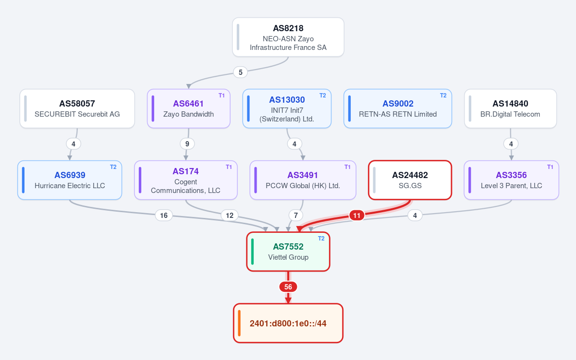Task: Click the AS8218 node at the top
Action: tap(288, 37)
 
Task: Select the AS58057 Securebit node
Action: tap(77, 108)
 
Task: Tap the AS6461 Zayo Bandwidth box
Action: tap(188, 108)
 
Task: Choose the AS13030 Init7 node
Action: tap(287, 108)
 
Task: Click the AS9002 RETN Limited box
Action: tap(398, 108)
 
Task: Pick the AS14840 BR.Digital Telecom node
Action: tap(510, 108)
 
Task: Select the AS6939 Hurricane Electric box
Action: tap(70, 180)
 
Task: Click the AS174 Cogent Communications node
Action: tap(186, 180)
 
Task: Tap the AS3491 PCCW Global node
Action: tap(303, 180)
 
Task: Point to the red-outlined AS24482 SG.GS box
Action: tap(410, 180)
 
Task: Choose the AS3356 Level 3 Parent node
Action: tap(511, 180)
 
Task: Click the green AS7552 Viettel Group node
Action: tap(288, 252)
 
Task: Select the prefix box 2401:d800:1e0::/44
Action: tap(288, 324)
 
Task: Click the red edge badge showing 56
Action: tap(288, 287)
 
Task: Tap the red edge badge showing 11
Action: tap(356, 216)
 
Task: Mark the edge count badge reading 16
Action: tap(164, 216)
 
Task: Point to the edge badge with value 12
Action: tap(230, 216)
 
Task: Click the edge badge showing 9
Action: tap(187, 144)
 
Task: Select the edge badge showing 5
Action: tap(241, 72)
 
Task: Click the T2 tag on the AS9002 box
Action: tap(443, 96)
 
